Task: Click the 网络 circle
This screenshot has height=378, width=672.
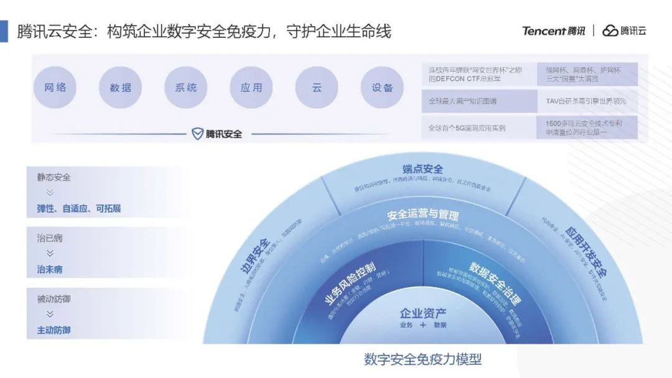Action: (x=55, y=88)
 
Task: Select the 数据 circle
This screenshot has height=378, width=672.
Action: (x=121, y=88)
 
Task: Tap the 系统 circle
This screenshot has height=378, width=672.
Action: (x=186, y=88)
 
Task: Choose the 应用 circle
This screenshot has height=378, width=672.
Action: (x=251, y=88)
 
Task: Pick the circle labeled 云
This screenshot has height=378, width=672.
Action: (x=317, y=88)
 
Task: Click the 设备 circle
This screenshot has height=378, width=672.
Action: (x=382, y=88)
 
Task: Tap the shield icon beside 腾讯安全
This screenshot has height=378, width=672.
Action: (x=197, y=134)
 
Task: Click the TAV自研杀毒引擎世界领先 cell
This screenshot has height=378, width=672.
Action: (x=587, y=101)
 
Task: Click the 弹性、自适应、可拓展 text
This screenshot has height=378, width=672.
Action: (x=79, y=209)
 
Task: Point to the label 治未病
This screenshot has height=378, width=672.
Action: (x=50, y=270)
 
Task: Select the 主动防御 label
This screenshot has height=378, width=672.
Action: (x=54, y=330)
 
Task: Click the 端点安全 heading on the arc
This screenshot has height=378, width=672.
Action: (x=423, y=168)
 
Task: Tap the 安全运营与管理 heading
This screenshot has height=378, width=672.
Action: (x=423, y=215)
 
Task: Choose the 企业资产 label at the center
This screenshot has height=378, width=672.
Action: (x=423, y=313)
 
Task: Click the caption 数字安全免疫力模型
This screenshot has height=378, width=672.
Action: (x=423, y=359)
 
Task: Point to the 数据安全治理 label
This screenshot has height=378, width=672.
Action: (x=495, y=283)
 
